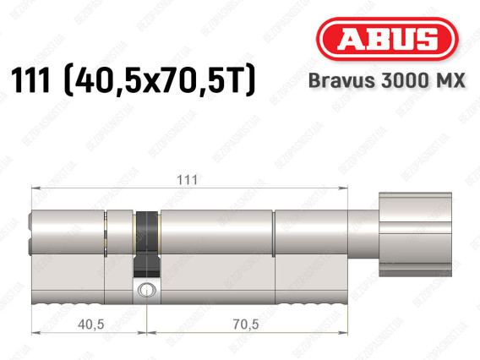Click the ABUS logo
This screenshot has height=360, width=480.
click(387, 39)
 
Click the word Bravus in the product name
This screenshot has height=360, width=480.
click(341, 80)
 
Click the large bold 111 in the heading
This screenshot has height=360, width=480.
click(30, 80)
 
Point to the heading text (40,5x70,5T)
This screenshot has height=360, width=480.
click(160, 80)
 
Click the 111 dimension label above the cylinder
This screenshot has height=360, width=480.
click(188, 180)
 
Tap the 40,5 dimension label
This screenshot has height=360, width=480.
click(91, 325)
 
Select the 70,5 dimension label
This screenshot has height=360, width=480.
click(246, 325)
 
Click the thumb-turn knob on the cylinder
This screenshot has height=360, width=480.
click(415, 234)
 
